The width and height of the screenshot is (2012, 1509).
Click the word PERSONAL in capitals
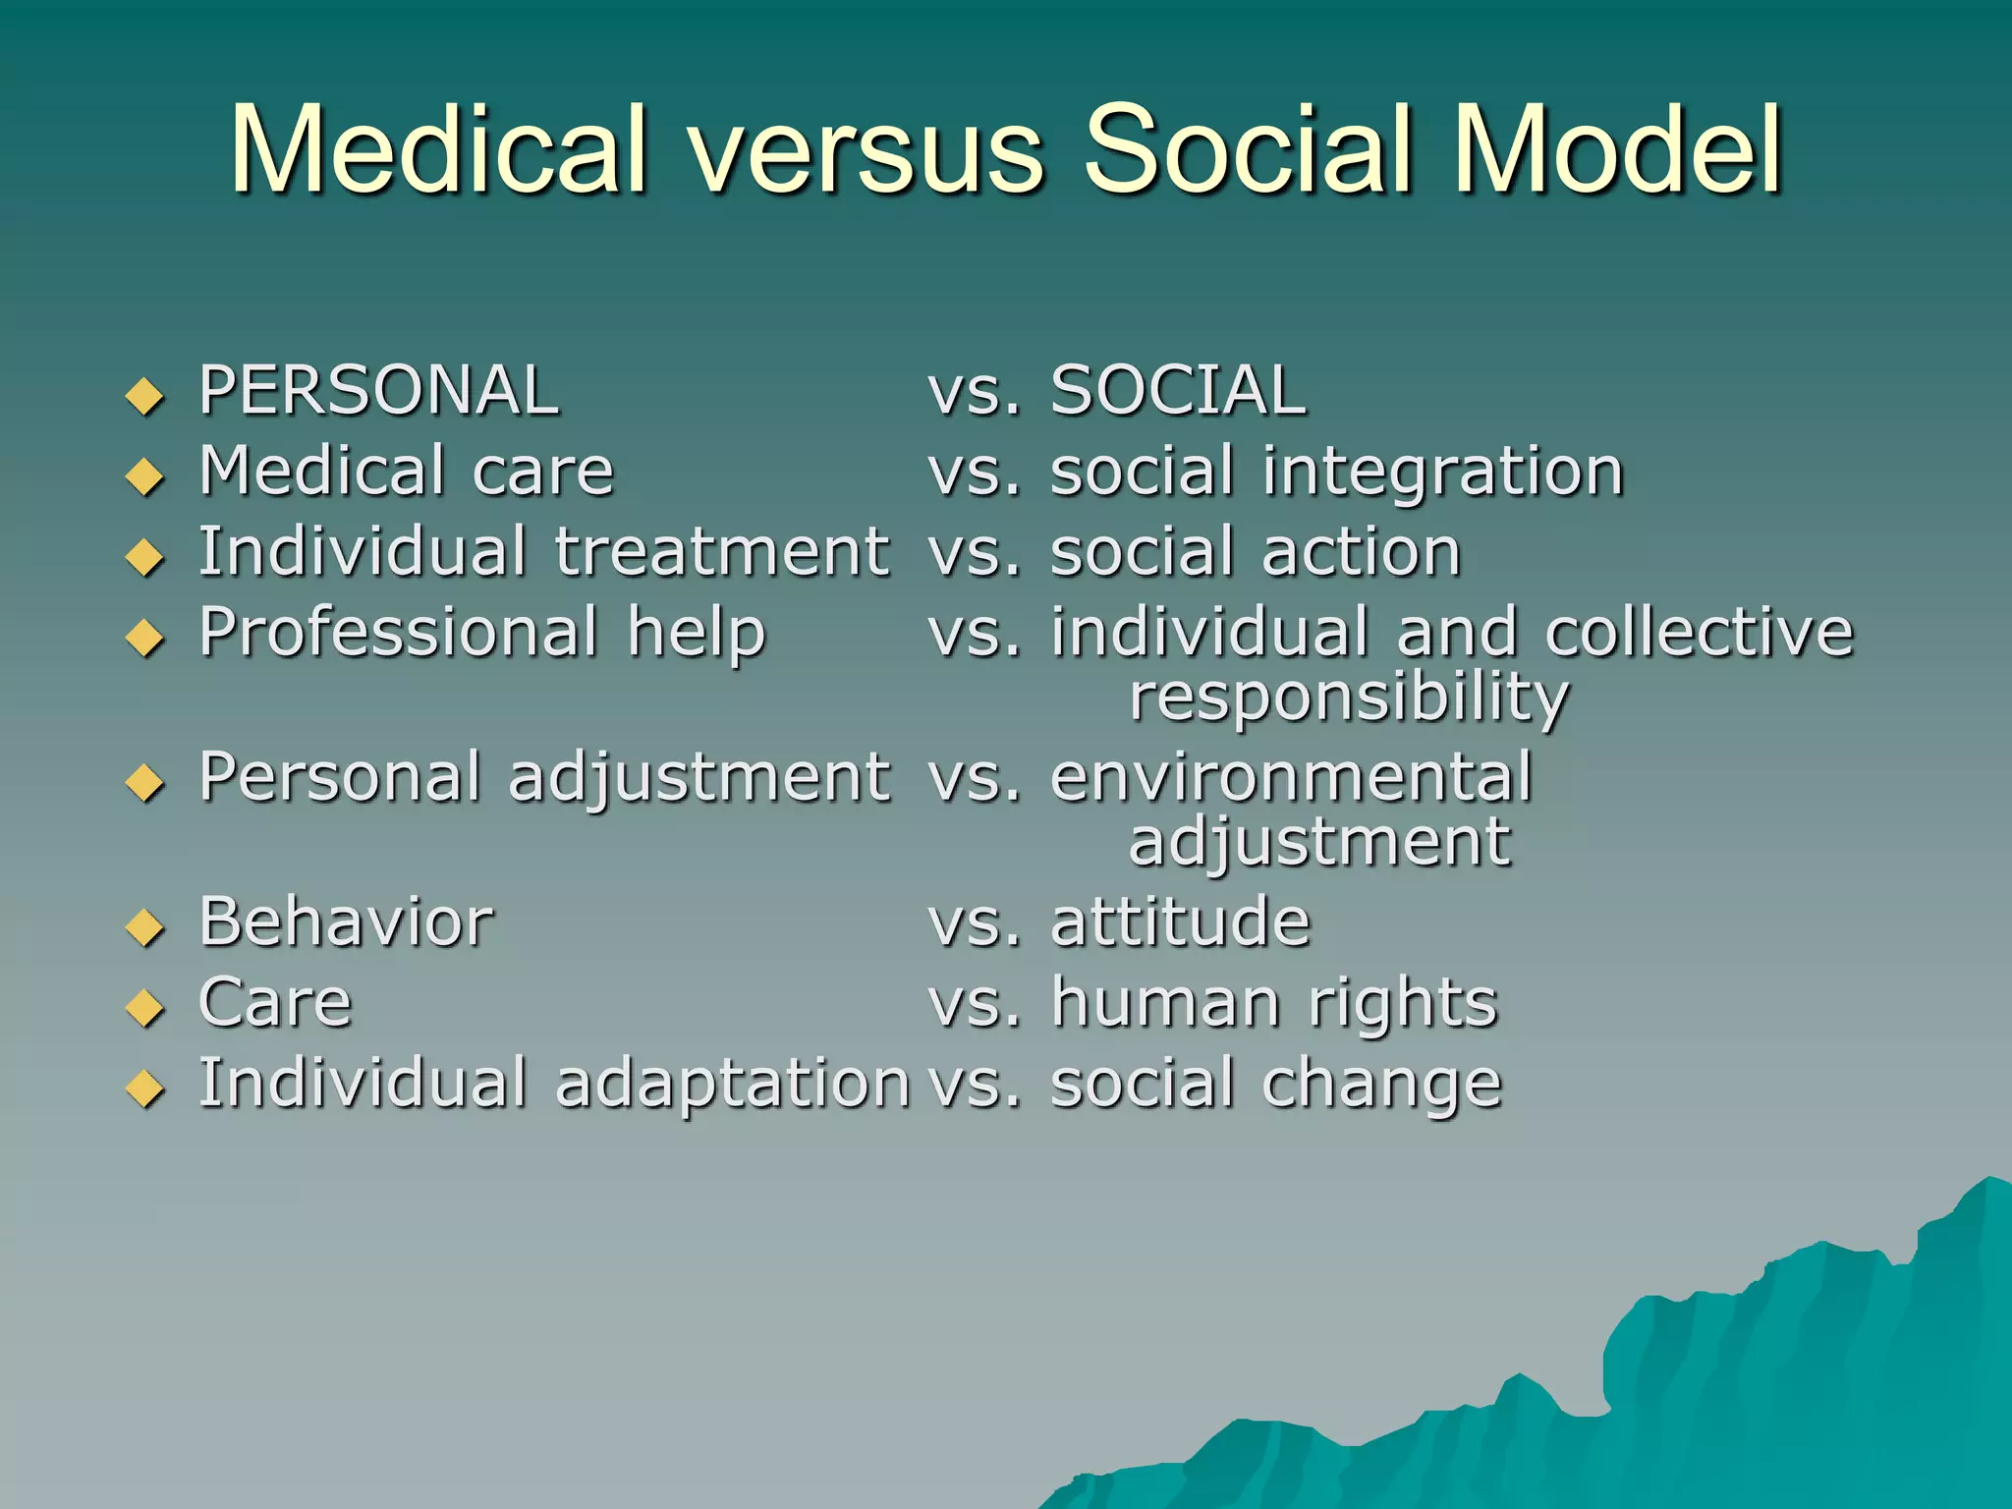379,391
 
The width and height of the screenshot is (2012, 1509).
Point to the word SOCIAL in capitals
1178,391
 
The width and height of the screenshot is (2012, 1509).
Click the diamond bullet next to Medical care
145,477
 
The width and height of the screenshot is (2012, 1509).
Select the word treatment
722,552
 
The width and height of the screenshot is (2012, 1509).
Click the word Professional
398,634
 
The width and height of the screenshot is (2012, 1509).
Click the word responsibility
1349,699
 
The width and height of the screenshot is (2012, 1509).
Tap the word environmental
1291,777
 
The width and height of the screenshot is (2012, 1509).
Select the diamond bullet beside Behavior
145,927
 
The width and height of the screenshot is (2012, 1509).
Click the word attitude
1180,922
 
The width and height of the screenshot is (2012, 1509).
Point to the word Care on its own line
275,1003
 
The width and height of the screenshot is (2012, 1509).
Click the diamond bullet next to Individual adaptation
145,1089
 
